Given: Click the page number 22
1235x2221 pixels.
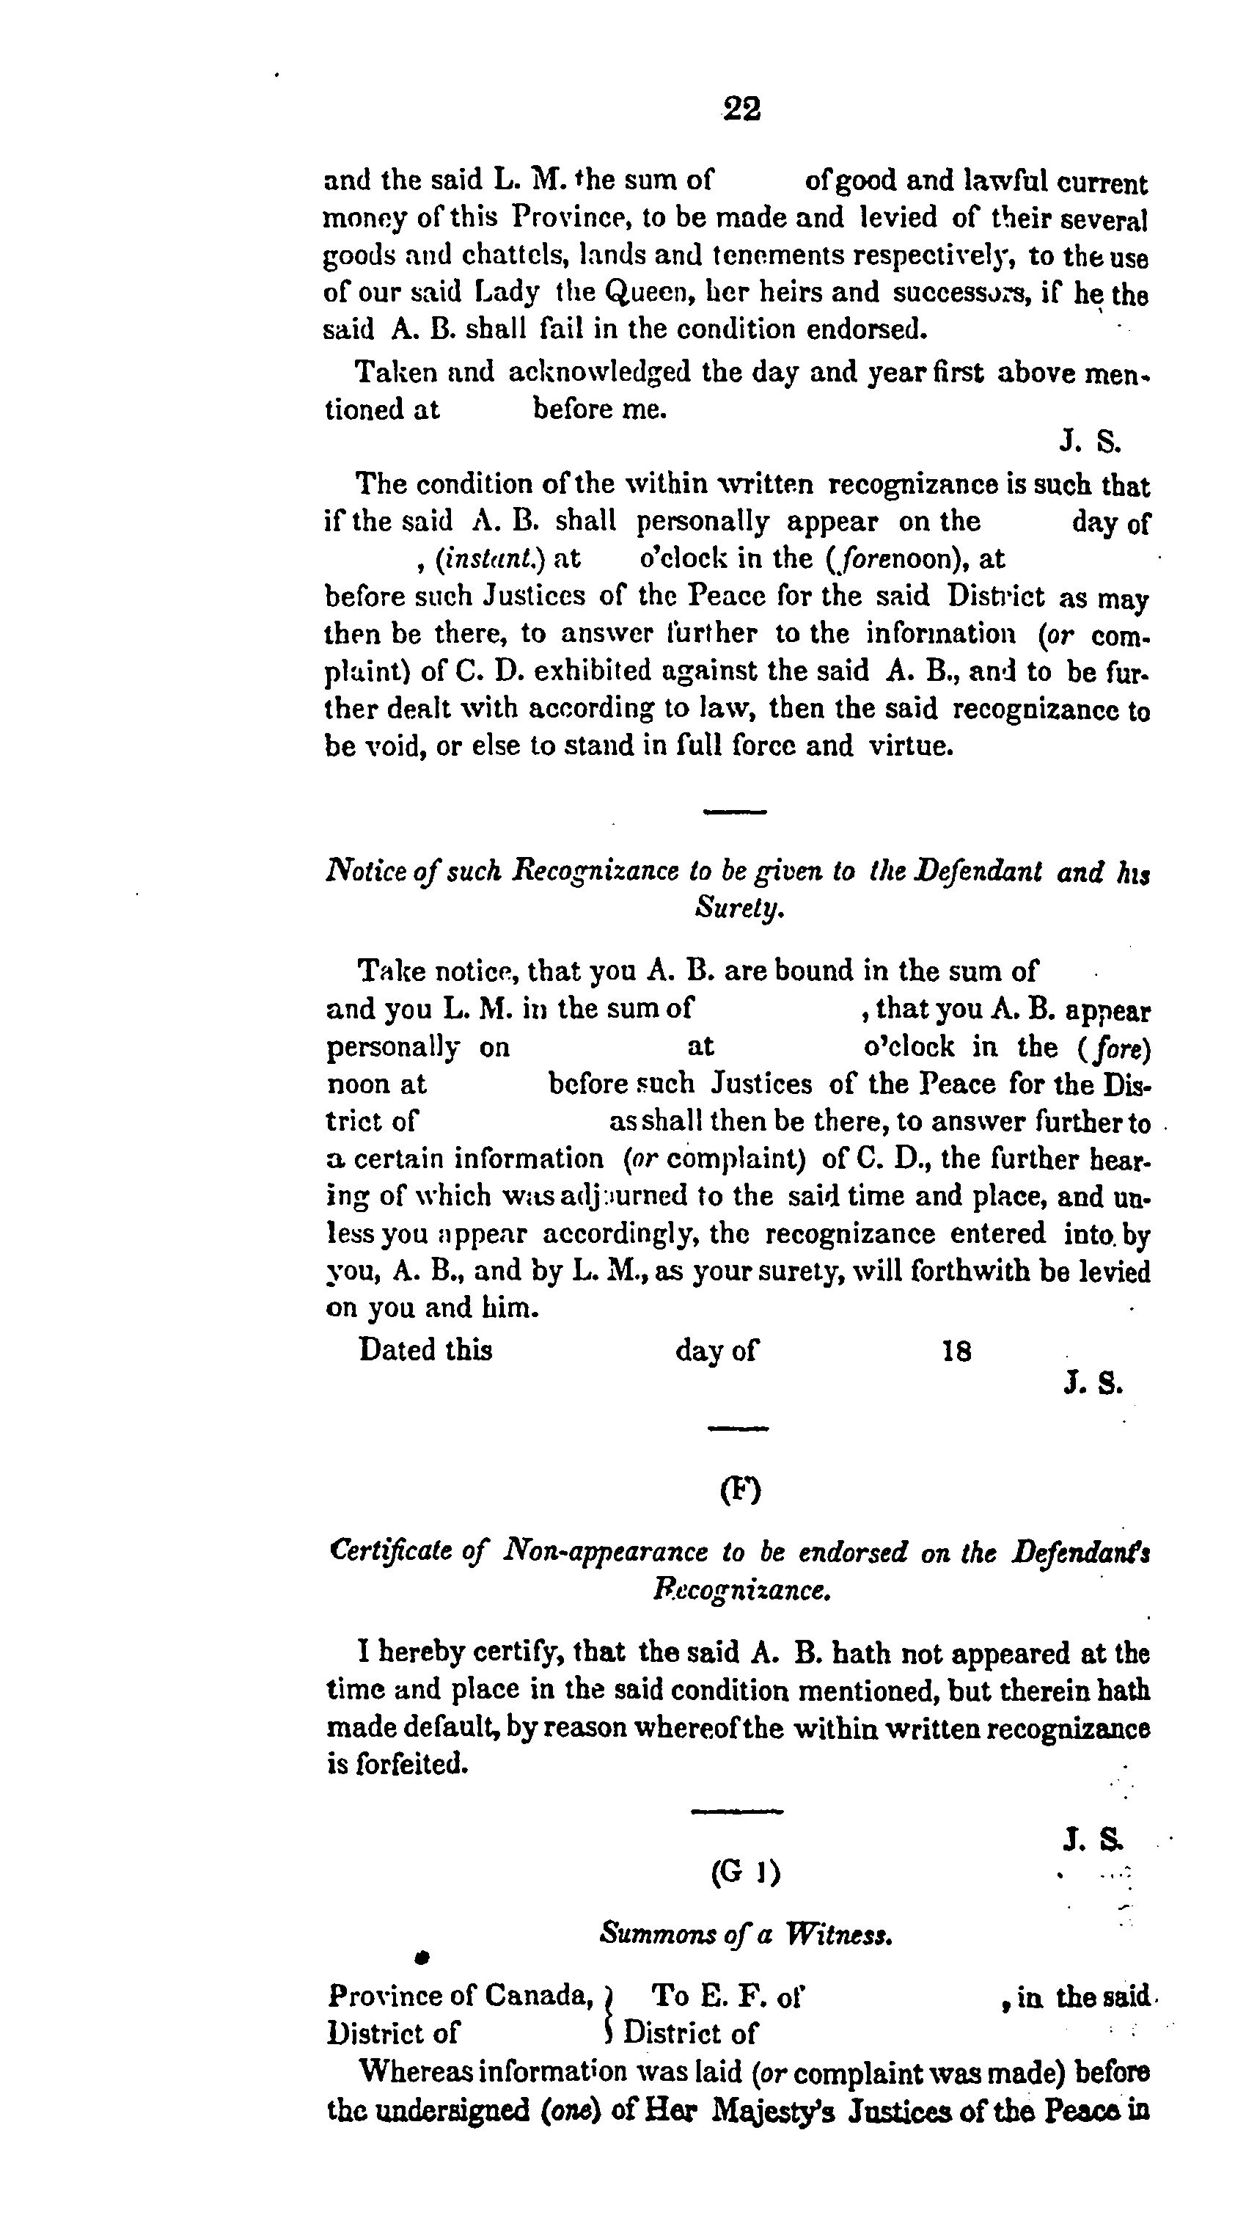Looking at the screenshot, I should (x=741, y=109).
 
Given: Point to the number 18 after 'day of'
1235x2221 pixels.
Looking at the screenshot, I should (x=956, y=1350).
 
